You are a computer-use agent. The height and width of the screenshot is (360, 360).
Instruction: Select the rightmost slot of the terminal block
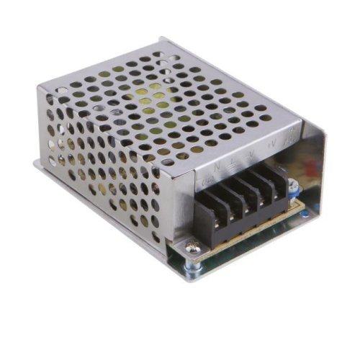(276, 177)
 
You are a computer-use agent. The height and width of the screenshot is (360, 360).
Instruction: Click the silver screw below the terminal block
(191, 249)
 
